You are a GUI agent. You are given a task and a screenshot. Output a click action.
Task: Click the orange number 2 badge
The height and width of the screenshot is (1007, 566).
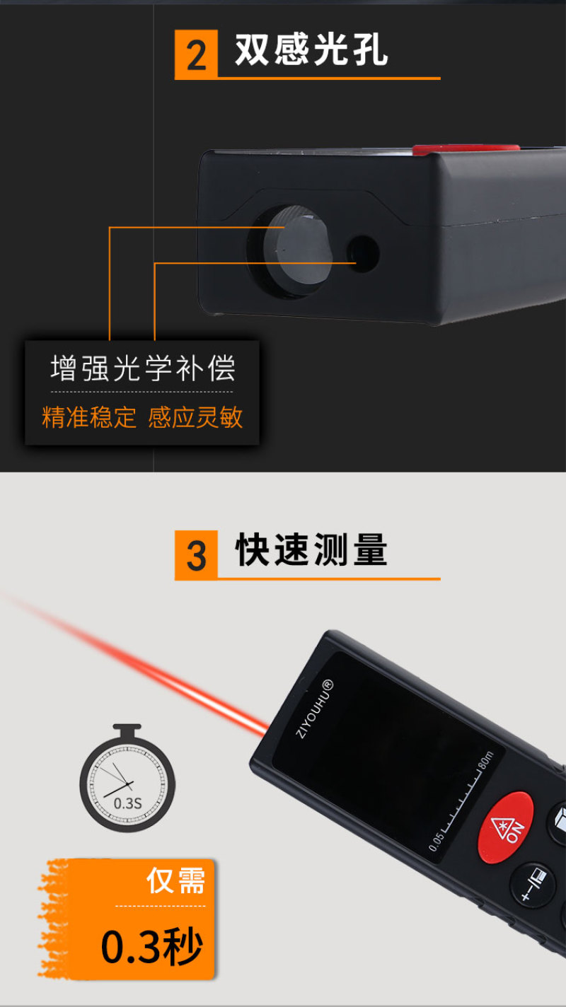click(196, 54)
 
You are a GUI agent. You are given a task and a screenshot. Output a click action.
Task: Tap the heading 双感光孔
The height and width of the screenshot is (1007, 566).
click(311, 50)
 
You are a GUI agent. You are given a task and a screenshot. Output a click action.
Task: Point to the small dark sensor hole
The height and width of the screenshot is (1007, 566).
click(364, 254)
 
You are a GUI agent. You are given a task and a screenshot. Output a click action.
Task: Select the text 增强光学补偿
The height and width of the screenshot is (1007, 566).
click(143, 368)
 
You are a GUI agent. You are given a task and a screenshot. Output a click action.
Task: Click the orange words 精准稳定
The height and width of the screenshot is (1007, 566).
click(89, 417)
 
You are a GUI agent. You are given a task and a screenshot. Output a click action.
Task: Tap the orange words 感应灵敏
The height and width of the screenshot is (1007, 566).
click(195, 417)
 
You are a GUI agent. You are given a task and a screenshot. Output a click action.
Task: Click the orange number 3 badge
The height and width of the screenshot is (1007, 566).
click(196, 555)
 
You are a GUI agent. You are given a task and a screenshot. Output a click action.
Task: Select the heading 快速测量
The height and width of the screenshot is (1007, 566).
click(311, 549)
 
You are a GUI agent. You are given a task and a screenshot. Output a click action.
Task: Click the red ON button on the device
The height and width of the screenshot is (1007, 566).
click(505, 827)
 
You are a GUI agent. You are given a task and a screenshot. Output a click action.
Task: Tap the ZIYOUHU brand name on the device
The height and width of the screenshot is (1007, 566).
click(315, 709)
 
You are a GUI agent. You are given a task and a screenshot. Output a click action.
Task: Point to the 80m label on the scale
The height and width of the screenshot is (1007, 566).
click(486, 759)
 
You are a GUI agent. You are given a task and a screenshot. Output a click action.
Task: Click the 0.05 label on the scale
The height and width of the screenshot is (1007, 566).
click(436, 841)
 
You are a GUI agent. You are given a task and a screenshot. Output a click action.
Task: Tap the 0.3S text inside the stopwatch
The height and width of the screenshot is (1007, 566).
click(128, 803)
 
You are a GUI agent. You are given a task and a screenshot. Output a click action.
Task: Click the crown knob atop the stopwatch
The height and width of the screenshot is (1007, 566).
click(127, 730)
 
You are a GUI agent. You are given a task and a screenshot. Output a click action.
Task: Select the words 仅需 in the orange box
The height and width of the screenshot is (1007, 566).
click(176, 880)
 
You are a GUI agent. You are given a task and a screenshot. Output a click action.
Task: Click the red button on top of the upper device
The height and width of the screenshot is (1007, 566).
click(466, 149)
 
